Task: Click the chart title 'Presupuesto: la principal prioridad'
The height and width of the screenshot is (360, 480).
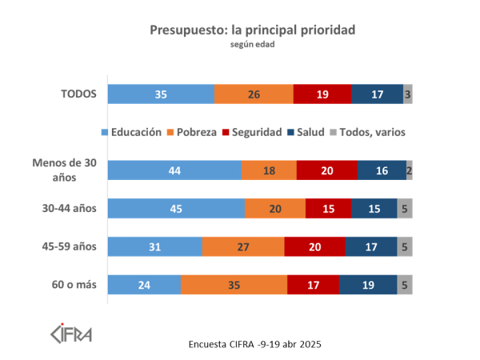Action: coord(252,30)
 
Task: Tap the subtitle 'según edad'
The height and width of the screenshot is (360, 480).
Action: coord(252,45)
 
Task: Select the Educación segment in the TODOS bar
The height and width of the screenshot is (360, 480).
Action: coord(161,94)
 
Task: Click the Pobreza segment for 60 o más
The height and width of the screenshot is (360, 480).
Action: coord(234,285)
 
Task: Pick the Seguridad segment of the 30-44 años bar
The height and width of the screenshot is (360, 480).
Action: coord(328,208)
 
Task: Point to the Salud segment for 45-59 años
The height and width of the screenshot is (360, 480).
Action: coord(371,246)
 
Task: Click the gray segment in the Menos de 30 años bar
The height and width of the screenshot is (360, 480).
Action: coord(409,170)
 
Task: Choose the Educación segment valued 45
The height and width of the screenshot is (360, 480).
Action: coord(176,208)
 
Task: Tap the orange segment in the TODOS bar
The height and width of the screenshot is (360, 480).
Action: coord(254,94)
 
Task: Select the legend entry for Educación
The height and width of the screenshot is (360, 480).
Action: coord(133,131)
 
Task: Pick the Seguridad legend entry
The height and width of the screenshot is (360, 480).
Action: coord(252,131)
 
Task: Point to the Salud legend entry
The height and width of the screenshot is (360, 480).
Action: coord(308,131)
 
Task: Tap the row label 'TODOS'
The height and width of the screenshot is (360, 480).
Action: coord(79,94)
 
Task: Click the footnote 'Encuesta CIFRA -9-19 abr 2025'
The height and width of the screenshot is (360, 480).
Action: coord(254,343)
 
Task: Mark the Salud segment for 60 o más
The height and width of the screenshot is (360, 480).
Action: coord(367,285)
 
